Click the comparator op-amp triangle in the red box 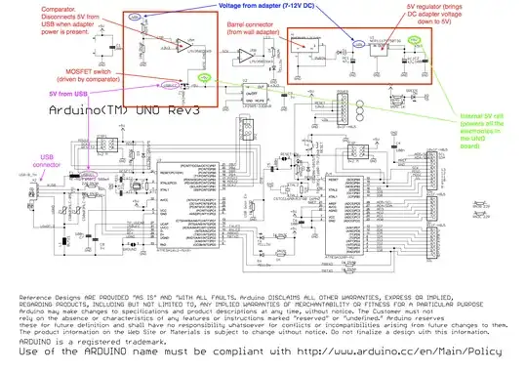coord(182,46)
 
